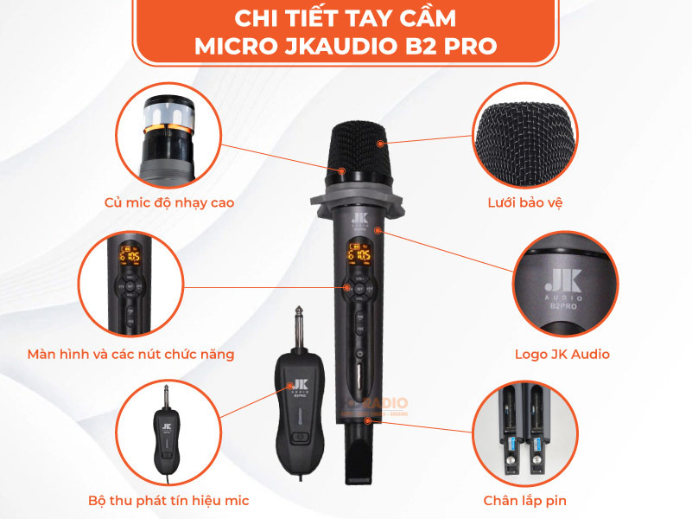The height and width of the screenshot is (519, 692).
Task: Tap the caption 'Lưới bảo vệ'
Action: [524, 203]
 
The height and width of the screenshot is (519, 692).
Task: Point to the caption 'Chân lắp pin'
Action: [526, 500]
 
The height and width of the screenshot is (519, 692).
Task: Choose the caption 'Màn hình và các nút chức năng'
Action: [130, 354]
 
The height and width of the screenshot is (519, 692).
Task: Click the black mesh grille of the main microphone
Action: [359, 152]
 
